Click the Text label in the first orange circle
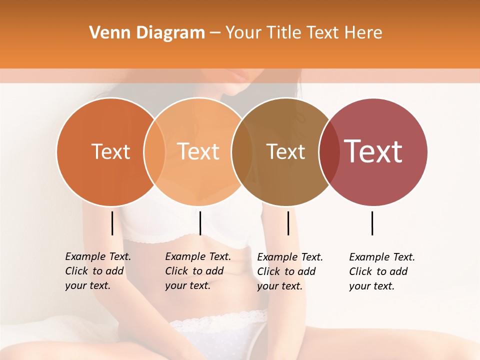pos(110,152)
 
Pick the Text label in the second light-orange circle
pos(198,152)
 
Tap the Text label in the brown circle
pos(285,152)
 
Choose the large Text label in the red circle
pos(373,151)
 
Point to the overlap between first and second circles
pos(154,152)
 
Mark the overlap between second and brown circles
pos(242,152)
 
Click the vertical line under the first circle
pos(112,223)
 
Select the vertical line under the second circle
pos(200,223)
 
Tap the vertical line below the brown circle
pos(288,223)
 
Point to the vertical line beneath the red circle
pos(372,223)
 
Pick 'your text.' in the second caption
pos(187,286)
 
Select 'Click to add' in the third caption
pos(286,271)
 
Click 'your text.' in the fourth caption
pos(371,286)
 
